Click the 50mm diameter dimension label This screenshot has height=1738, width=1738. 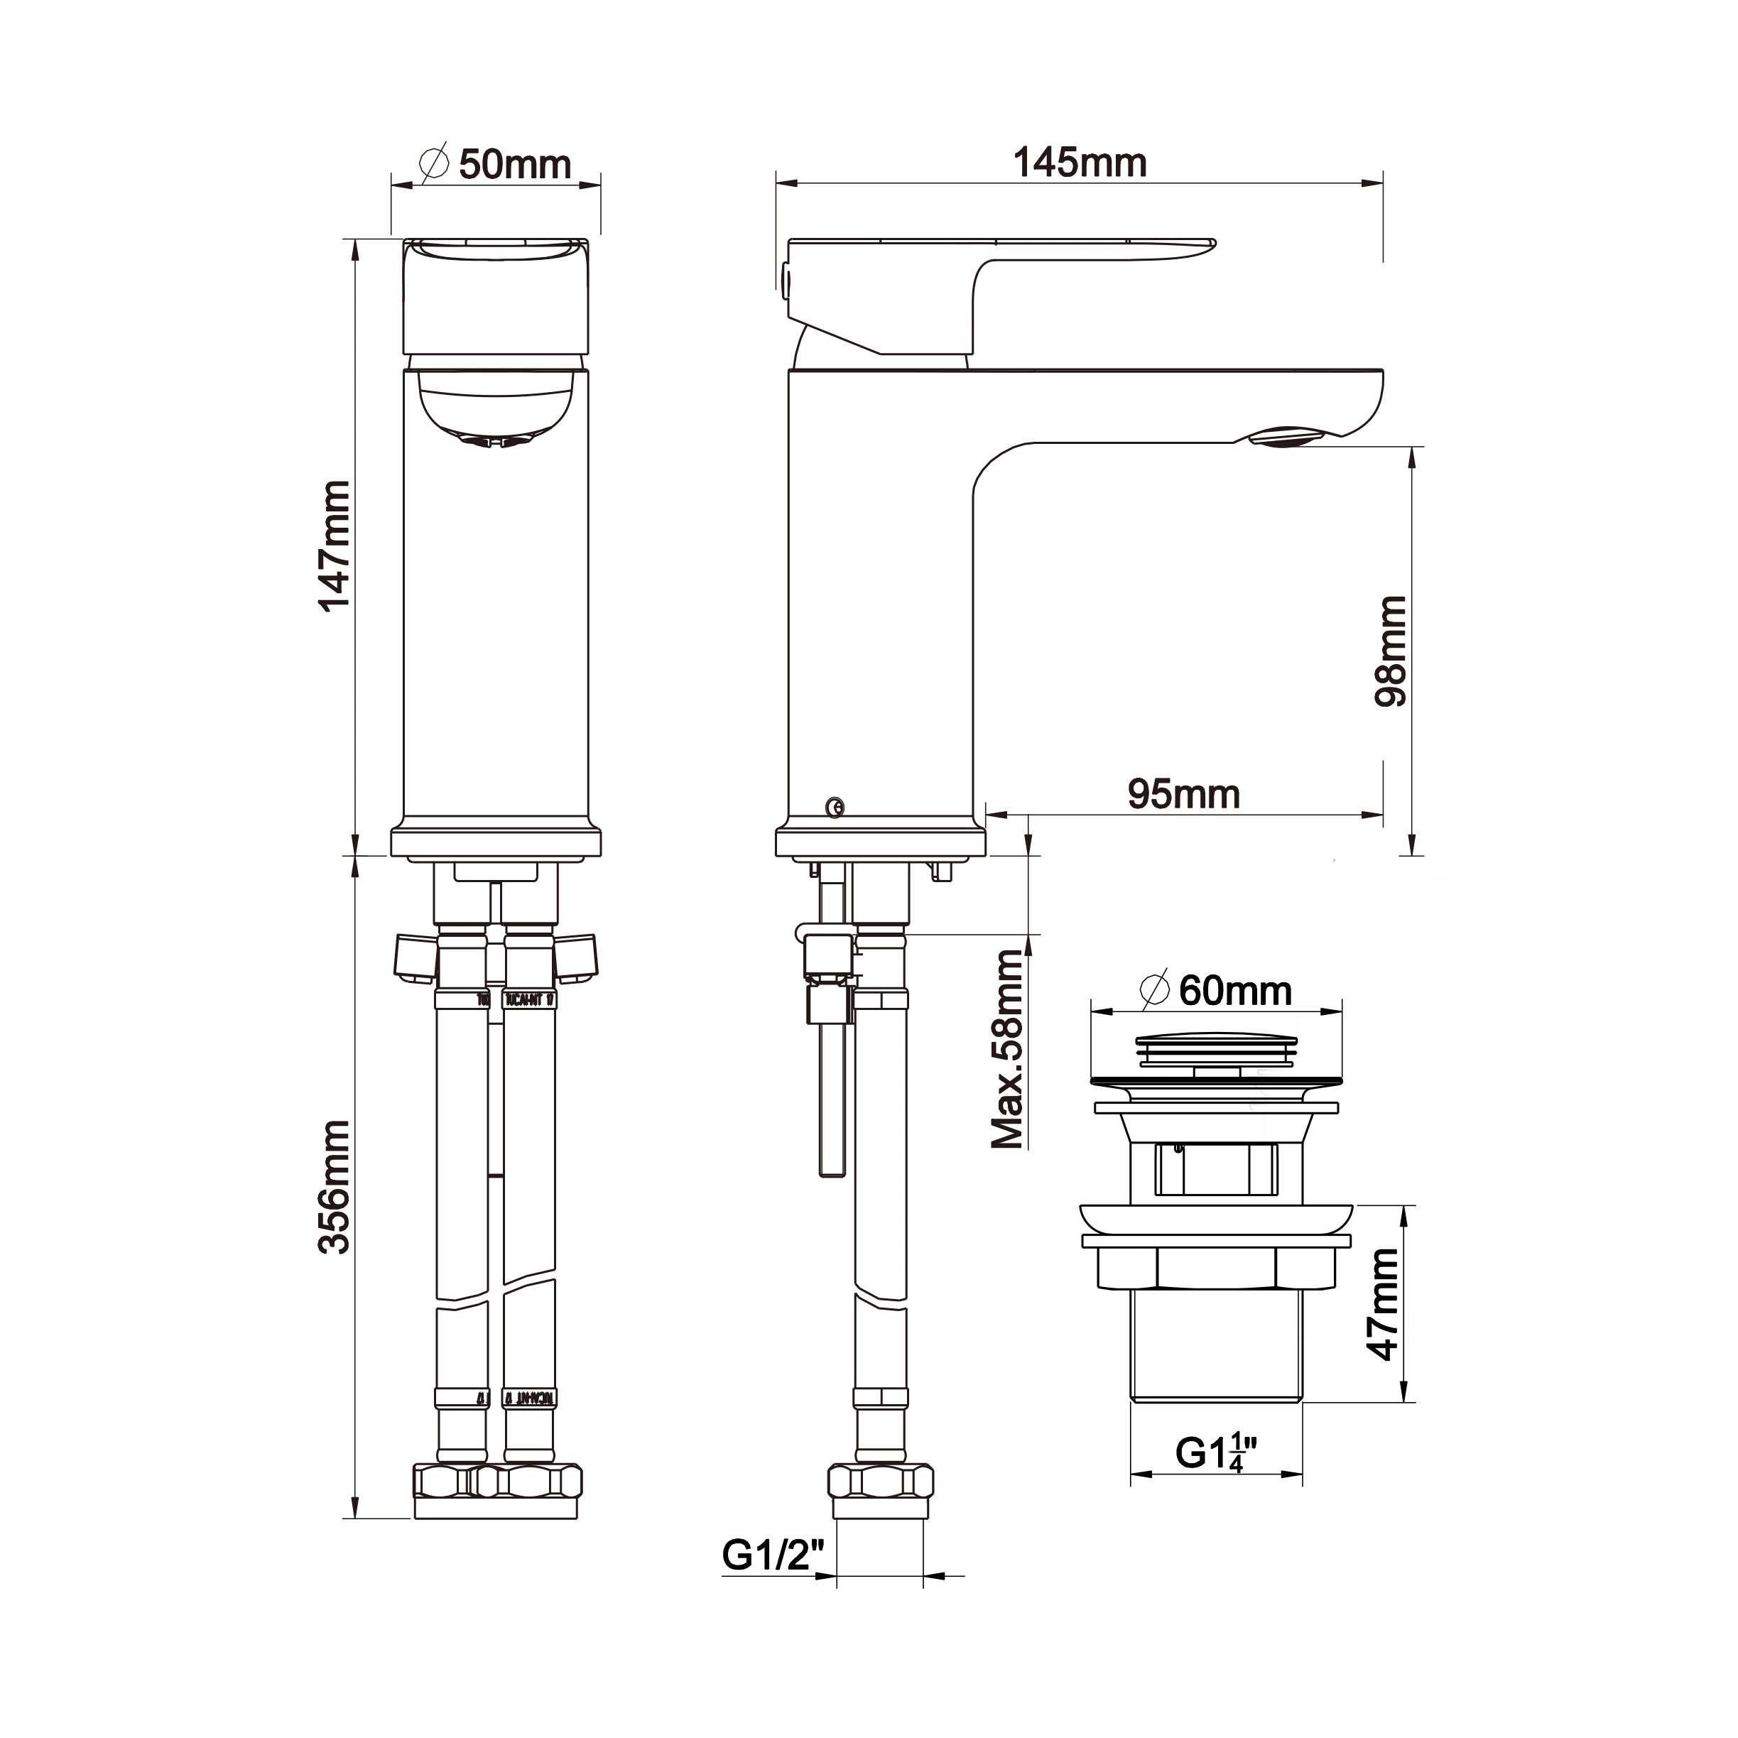(x=514, y=165)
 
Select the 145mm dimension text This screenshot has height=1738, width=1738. (x=1080, y=163)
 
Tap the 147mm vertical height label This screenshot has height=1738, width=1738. (x=334, y=545)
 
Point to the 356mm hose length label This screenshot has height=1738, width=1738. (x=334, y=1187)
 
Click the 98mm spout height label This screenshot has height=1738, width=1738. (x=1391, y=651)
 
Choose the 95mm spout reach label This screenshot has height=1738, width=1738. (x=1183, y=794)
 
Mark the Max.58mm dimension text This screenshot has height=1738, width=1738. (x=1008, y=1048)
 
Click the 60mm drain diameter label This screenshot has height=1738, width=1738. (x=1234, y=990)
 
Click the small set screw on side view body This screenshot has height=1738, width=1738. (x=835, y=806)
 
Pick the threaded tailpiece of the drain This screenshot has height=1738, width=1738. (x=1216, y=1349)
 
